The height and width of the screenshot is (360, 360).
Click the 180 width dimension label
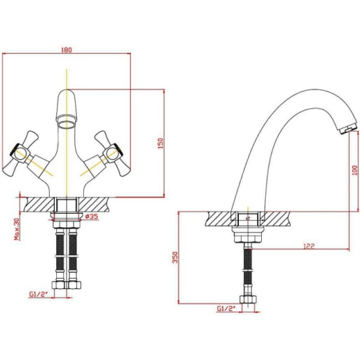click(x=67, y=50)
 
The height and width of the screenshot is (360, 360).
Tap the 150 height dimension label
click(x=161, y=143)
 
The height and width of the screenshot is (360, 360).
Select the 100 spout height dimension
click(x=355, y=170)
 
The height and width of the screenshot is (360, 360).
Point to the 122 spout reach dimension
click(x=309, y=246)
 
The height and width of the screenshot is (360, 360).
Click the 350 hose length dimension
click(x=175, y=257)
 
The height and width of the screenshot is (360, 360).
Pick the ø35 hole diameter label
click(x=92, y=216)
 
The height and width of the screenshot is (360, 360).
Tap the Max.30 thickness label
click(x=17, y=229)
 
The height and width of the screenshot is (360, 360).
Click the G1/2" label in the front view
click(x=38, y=294)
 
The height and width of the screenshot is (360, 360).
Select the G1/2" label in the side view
click(x=226, y=308)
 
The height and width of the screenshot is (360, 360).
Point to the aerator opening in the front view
click(x=67, y=124)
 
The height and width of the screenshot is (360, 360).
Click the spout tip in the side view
click(x=347, y=128)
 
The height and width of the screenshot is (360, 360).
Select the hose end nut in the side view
click(x=248, y=299)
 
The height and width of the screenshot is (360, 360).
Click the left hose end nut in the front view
click(x=59, y=285)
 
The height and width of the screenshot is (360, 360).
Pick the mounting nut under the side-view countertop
click(x=247, y=234)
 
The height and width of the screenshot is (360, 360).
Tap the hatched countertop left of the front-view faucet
click(x=40, y=204)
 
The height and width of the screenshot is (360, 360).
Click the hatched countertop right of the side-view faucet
click(x=275, y=219)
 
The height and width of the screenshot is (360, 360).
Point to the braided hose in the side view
click(x=247, y=269)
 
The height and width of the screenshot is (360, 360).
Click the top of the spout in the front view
click(x=67, y=90)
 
